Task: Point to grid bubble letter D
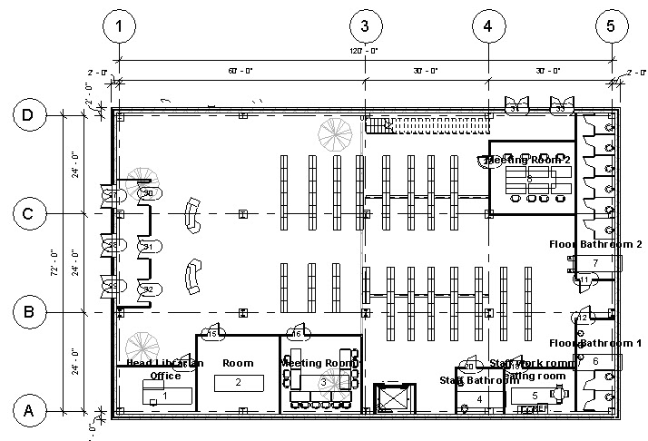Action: click(x=28, y=115)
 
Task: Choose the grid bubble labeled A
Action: click(x=28, y=411)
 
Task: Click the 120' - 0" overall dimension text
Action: click(x=365, y=52)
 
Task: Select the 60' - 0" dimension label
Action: click(x=241, y=70)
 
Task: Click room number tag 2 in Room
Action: click(x=238, y=383)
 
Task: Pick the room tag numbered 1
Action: click(x=165, y=395)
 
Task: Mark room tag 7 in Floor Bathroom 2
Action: click(x=595, y=263)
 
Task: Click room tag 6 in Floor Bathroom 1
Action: click(x=595, y=361)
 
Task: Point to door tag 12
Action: click(x=583, y=318)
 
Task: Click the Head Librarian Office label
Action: click(x=165, y=369)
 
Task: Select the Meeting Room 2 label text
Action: click(x=523, y=161)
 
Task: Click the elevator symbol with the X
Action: click(x=392, y=400)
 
